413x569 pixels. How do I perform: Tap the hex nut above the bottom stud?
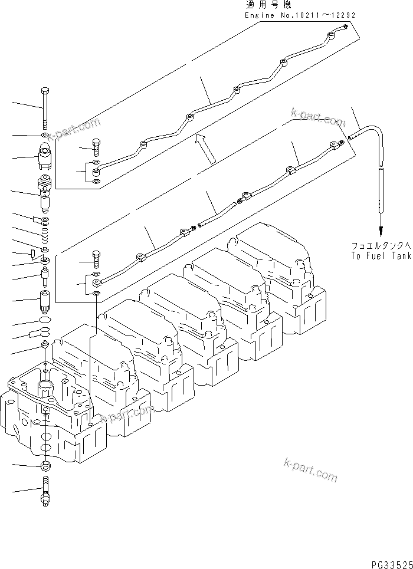point(46,466)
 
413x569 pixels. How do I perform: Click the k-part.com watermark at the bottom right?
point(310,469)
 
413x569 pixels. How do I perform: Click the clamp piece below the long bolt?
point(46,156)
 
